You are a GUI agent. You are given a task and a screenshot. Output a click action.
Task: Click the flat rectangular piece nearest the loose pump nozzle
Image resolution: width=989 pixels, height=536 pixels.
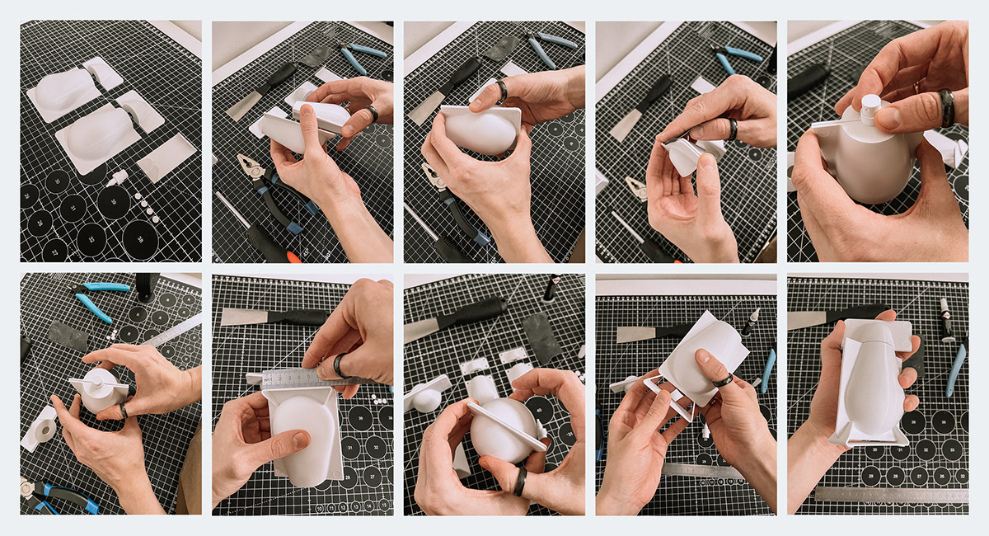166,158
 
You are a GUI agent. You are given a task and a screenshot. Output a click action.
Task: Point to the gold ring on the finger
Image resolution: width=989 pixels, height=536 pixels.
916,86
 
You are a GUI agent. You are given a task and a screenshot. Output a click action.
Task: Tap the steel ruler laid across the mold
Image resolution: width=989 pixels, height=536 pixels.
297,378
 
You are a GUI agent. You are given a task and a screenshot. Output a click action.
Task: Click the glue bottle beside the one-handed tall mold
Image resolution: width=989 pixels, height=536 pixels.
946,317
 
